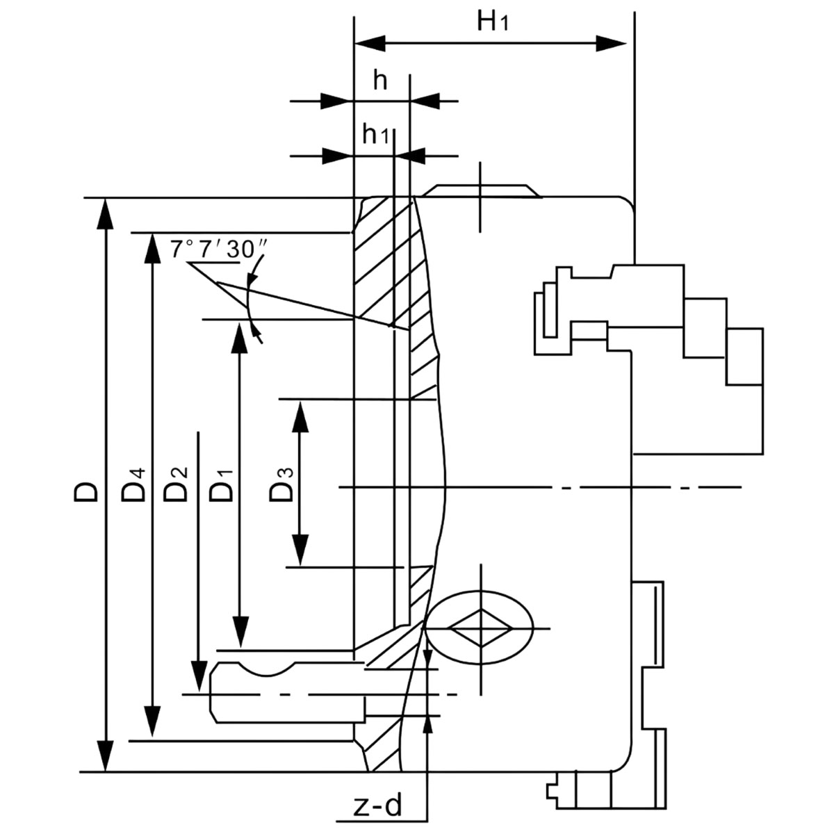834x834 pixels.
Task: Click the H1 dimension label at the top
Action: coord(492,22)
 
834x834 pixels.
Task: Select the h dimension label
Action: coord(380,80)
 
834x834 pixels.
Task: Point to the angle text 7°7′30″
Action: coord(218,250)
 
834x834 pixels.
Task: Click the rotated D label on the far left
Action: coord(85,492)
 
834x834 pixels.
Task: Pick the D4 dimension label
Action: coord(133,486)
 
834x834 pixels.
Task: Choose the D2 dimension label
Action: coord(175,484)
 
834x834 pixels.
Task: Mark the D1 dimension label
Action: coord(221,486)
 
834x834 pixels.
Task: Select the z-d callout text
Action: coord(378,806)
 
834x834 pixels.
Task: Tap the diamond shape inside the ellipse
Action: coord(481,628)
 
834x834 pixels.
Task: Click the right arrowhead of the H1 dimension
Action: coord(611,43)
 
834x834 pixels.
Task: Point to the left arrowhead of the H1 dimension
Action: coord(370,43)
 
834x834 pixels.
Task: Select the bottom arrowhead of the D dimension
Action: coord(105,756)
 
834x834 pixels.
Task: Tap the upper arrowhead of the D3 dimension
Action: coord(300,416)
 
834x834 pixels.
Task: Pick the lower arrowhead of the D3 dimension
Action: coord(300,550)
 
